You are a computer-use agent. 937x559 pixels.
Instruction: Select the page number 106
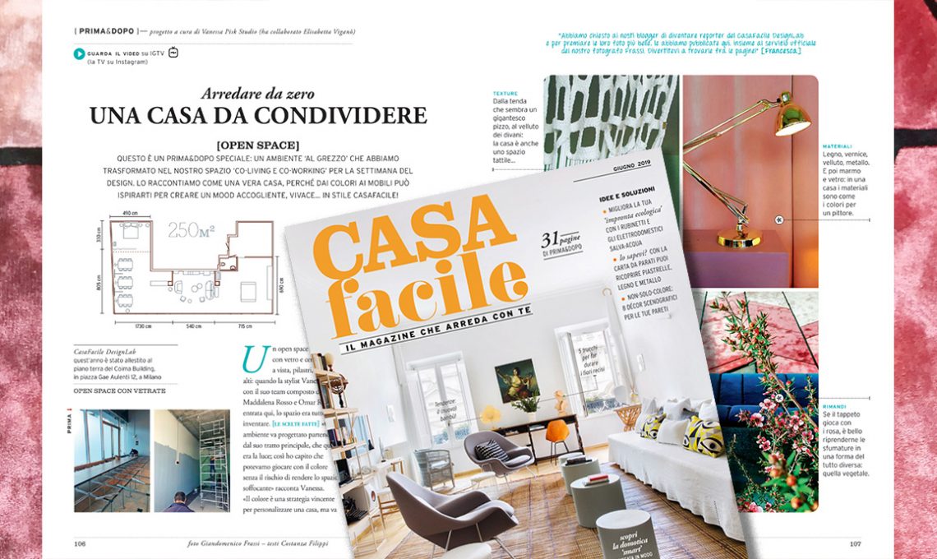81,543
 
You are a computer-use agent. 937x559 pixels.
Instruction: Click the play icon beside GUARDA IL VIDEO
79,54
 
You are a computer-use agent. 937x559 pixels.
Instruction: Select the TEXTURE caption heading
505,94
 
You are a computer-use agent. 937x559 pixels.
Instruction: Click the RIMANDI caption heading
836,405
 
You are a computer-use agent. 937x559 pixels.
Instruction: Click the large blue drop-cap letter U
255,358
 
